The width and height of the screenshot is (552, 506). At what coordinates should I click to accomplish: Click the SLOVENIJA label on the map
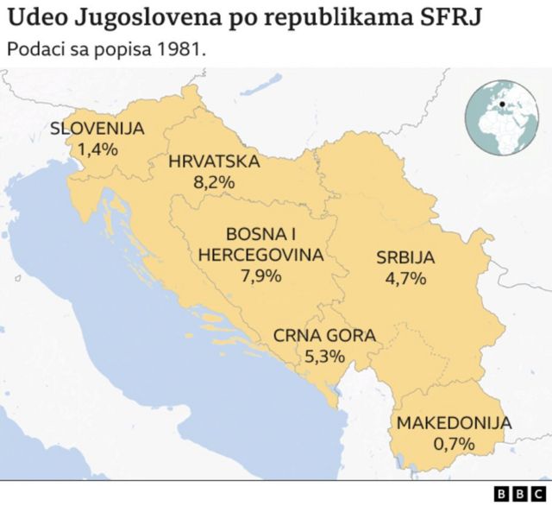pos(97,130)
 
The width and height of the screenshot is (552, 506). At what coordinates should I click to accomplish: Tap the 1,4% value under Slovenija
pos(97,149)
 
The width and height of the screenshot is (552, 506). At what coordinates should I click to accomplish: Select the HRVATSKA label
pos(214,162)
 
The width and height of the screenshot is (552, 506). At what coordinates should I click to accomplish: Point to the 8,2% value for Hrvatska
pos(214,182)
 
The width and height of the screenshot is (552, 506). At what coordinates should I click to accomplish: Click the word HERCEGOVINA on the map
pos(261,255)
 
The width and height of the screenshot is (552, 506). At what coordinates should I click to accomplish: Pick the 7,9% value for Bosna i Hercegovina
pos(260,275)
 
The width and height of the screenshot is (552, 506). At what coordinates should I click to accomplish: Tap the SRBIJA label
pos(405,257)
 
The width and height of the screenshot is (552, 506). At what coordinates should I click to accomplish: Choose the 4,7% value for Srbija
pos(405,278)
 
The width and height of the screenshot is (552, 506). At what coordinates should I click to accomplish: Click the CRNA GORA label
pos(325,336)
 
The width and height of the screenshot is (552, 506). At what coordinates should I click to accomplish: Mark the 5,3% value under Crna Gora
pos(325,356)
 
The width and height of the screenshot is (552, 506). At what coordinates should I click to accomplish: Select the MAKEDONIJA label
pos(454,423)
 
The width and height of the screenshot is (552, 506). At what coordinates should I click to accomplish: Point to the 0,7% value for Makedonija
pos(454,443)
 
